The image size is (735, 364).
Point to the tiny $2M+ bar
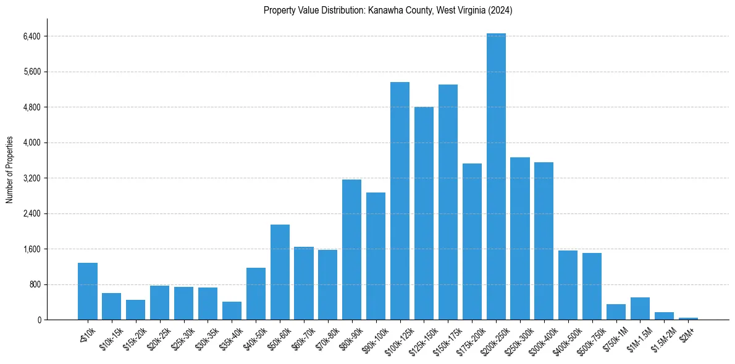click(x=688, y=318)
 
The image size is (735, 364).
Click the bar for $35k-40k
click(x=232, y=311)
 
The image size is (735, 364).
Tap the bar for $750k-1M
click(x=616, y=312)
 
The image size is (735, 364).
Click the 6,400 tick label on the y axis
click(x=31, y=36)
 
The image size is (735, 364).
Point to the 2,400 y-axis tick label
click(x=31, y=214)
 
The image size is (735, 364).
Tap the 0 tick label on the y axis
click(x=38, y=320)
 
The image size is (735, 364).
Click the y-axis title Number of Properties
click(x=10, y=169)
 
